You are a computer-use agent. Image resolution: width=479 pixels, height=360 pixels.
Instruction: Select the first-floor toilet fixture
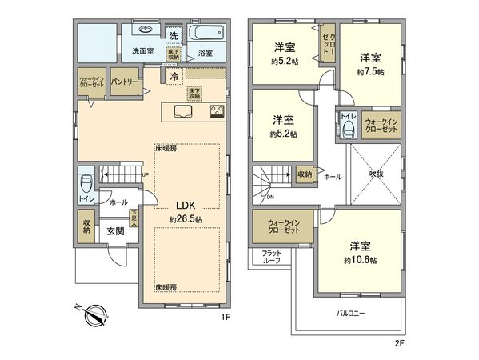[x=86, y=182]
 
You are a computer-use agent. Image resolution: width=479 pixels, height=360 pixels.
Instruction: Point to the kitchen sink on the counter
[x=181, y=110]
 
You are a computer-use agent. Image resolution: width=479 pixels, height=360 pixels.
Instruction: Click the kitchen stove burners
[x=217, y=110]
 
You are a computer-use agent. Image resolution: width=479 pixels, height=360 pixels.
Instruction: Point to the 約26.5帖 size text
[x=185, y=218]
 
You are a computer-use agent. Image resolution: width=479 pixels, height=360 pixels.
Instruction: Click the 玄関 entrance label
[x=116, y=231]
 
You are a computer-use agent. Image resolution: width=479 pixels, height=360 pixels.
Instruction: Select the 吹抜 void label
[x=375, y=172]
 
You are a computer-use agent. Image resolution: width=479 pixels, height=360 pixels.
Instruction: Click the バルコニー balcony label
[x=349, y=313]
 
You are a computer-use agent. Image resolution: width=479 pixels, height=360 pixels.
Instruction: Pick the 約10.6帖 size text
[x=361, y=259]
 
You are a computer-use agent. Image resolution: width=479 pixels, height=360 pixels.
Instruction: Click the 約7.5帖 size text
[x=369, y=72]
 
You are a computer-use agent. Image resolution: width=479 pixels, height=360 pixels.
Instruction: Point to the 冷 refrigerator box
[x=173, y=77]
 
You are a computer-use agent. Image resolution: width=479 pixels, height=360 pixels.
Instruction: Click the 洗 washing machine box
[x=174, y=35]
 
